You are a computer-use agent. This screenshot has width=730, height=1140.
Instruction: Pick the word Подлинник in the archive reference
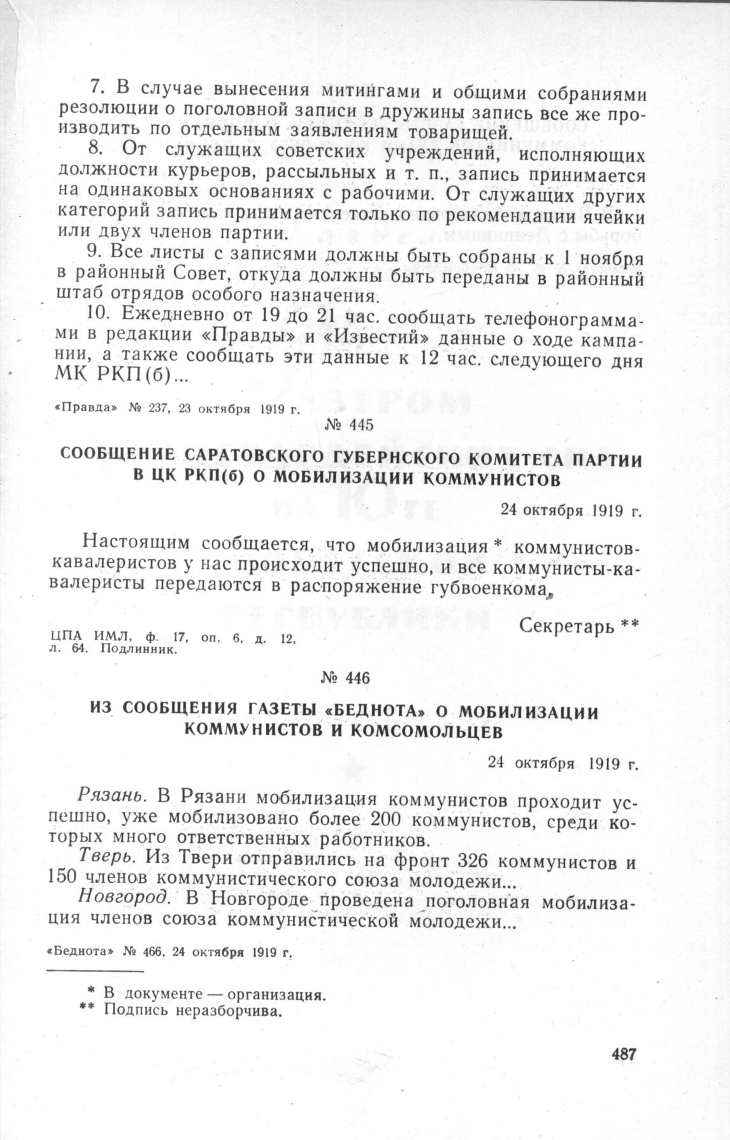click(138, 651)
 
